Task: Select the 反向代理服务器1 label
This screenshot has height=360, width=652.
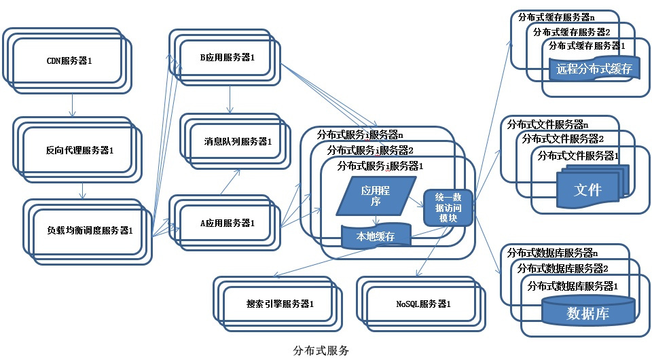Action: click(x=79, y=149)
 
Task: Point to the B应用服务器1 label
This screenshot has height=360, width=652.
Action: click(x=227, y=58)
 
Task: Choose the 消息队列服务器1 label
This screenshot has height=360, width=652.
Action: click(x=238, y=142)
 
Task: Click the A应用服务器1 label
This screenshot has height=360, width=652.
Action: click(x=228, y=223)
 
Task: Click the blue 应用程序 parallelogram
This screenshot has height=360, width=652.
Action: click(x=377, y=196)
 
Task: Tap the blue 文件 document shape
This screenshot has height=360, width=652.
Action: click(x=588, y=189)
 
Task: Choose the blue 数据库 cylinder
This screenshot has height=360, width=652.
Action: click(x=588, y=312)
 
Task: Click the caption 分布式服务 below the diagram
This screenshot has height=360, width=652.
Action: click(x=321, y=350)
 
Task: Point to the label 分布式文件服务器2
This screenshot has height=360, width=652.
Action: click(x=563, y=139)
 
